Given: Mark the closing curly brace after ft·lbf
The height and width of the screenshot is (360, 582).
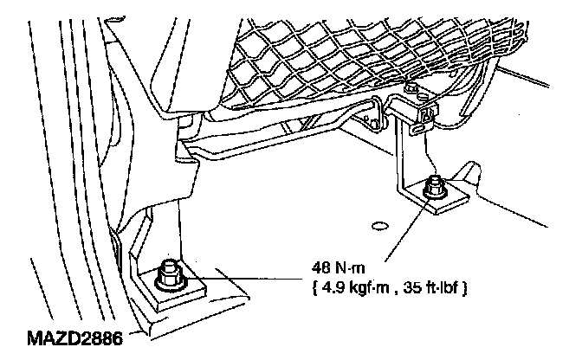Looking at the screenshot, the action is click(467, 286).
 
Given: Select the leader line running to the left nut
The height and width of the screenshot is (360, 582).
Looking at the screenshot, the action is click(251, 278).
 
